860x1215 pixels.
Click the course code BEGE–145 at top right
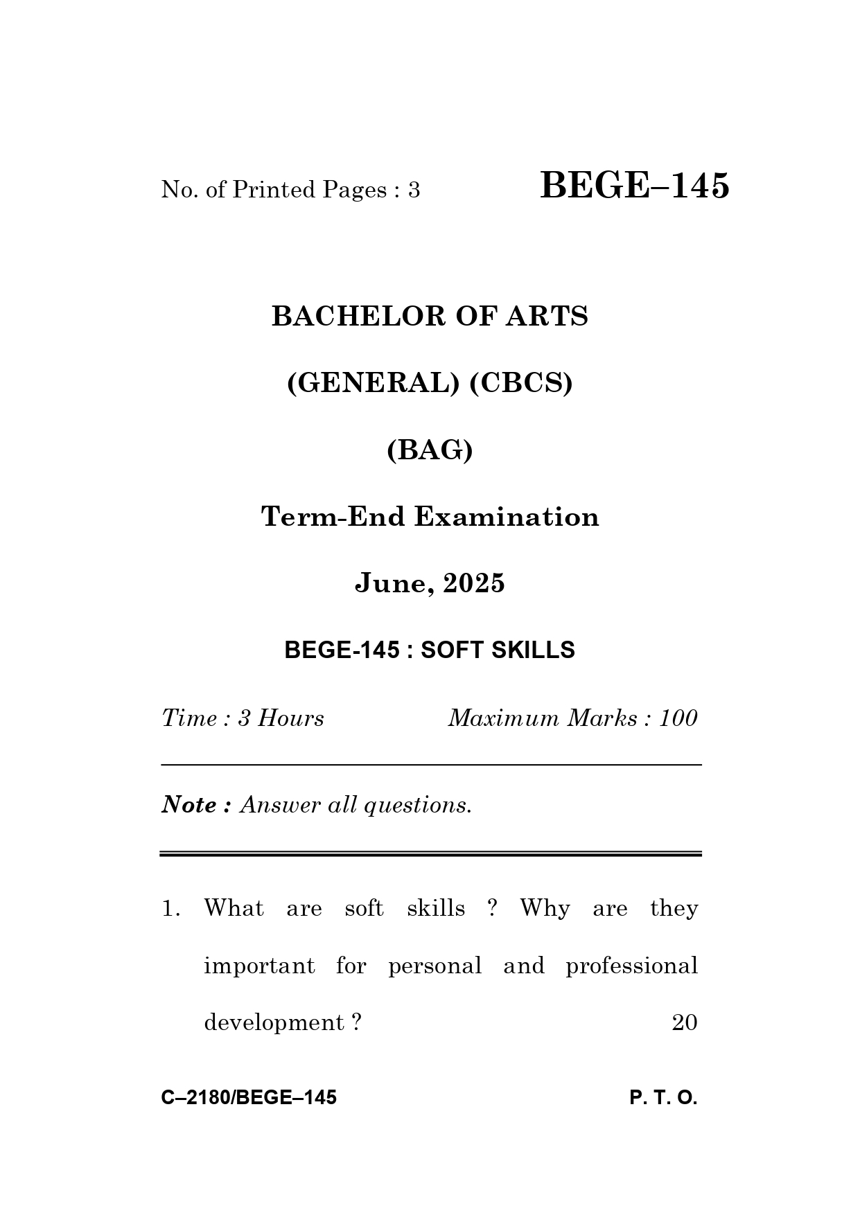[634, 186]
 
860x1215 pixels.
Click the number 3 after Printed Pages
[414, 190]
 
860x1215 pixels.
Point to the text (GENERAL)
[373, 383]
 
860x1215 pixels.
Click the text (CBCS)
[521, 383]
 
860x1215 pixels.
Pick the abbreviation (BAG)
[430, 450]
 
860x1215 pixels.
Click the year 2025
[474, 583]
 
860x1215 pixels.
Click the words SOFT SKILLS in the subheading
[498, 650]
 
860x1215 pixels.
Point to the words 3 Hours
[281, 718]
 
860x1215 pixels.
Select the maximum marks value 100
[678, 718]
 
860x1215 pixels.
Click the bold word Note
[189, 805]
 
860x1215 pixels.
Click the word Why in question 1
[545, 908]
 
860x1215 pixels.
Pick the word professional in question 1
[631, 966]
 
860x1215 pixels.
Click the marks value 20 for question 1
[684, 1023]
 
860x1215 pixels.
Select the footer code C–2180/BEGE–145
[249, 1098]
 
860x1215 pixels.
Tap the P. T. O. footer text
[663, 1098]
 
